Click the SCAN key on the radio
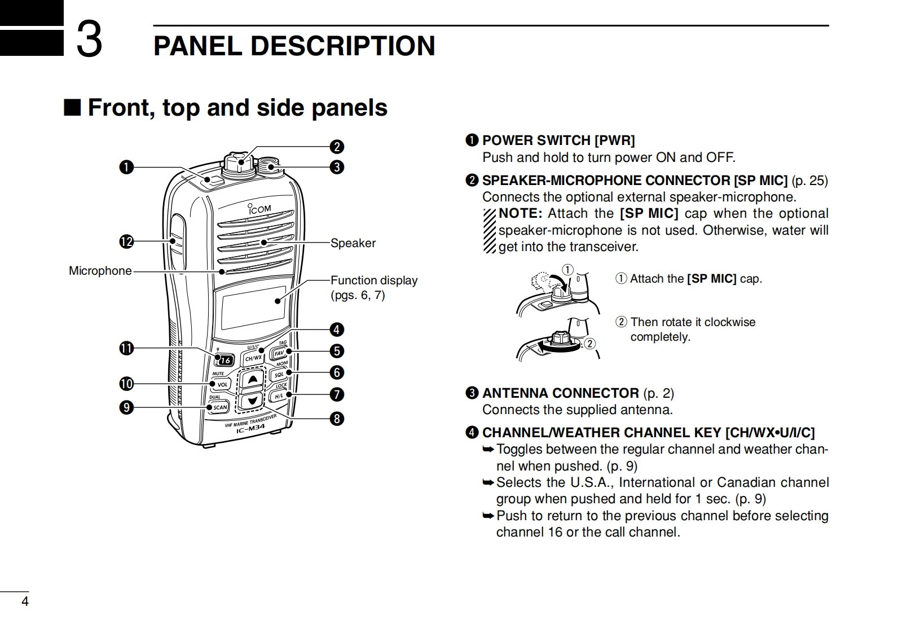(x=219, y=407)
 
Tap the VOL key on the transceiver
(x=222, y=385)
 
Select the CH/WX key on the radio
(x=253, y=358)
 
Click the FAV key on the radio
(x=279, y=354)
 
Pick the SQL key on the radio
(x=279, y=375)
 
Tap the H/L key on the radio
(x=279, y=396)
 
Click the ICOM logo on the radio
(x=259, y=209)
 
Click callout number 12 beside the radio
(x=126, y=242)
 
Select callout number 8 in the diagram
(x=337, y=419)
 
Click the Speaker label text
(x=353, y=243)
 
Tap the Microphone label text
(x=100, y=271)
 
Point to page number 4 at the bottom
(x=24, y=601)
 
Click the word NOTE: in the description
(x=520, y=214)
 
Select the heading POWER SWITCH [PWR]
(x=558, y=140)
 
